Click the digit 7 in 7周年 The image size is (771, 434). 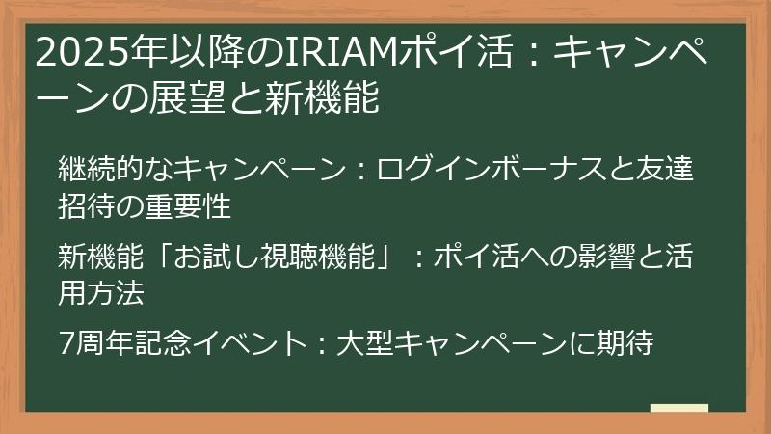point(66,342)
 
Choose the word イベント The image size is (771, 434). point(247,342)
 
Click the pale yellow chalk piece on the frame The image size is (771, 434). point(678,410)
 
